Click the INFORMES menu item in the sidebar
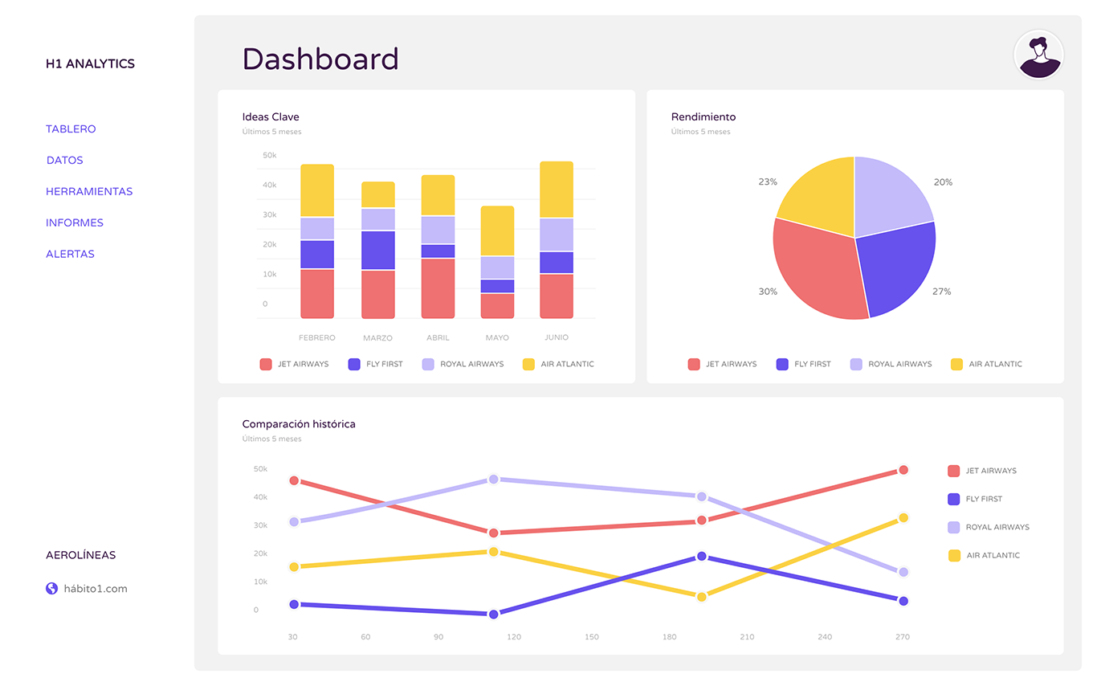[x=75, y=223]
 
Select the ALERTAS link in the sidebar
[x=70, y=254]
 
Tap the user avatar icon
[x=1039, y=55]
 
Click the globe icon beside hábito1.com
[x=52, y=588]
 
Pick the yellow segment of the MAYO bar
[x=498, y=231]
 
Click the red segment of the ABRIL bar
[x=438, y=288]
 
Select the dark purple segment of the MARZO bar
[x=377, y=250]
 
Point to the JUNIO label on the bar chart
[x=557, y=337]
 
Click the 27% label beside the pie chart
[x=941, y=292]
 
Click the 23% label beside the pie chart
[x=768, y=182]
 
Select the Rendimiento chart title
[x=703, y=116]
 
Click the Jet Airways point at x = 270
[x=903, y=470]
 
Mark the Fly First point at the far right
[x=903, y=601]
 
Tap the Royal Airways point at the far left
[x=294, y=521]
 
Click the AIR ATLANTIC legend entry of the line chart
[x=984, y=555]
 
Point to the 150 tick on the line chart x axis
[x=592, y=637]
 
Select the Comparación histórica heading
[x=299, y=424]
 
